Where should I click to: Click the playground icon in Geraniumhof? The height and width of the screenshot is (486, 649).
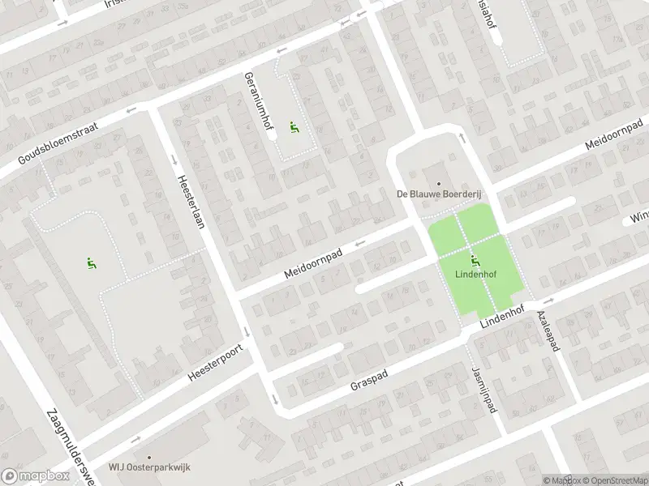(x=294, y=127)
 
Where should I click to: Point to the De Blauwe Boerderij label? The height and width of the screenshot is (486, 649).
(x=439, y=194)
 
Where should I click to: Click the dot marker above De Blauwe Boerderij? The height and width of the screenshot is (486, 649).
(x=439, y=183)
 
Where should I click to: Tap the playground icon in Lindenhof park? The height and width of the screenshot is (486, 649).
(x=475, y=260)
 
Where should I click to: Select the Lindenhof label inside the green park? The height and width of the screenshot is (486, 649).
(x=475, y=273)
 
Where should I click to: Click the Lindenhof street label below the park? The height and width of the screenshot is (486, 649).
(x=505, y=316)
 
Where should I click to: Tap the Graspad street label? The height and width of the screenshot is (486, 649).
(x=371, y=378)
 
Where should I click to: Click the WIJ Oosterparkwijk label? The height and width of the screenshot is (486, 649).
(x=151, y=467)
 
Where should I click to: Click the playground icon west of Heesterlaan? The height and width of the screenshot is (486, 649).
(x=90, y=262)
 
